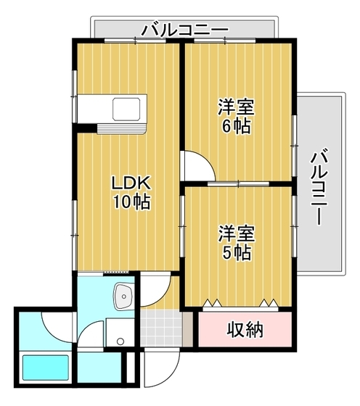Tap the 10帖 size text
tap(131, 202)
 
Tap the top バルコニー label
tap(184, 30)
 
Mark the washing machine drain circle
tap(120, 342)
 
